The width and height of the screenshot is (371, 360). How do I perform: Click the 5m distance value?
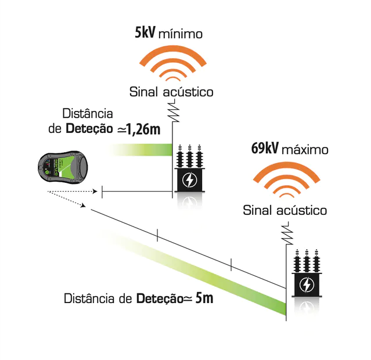click(x=204, y=299)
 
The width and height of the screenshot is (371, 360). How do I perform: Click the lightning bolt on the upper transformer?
click(x=189, y=181)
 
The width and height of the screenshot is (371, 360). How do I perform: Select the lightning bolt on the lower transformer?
click(x=305, y=285)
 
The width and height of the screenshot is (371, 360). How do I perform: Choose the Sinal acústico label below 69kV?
click(x=284, y=210)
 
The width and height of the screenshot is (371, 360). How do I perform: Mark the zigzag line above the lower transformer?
click(x=286, y=232)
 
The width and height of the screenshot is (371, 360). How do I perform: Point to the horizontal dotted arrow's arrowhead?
click(x=94, y=190)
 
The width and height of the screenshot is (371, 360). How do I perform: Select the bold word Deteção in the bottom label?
click(x=160, y=300)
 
